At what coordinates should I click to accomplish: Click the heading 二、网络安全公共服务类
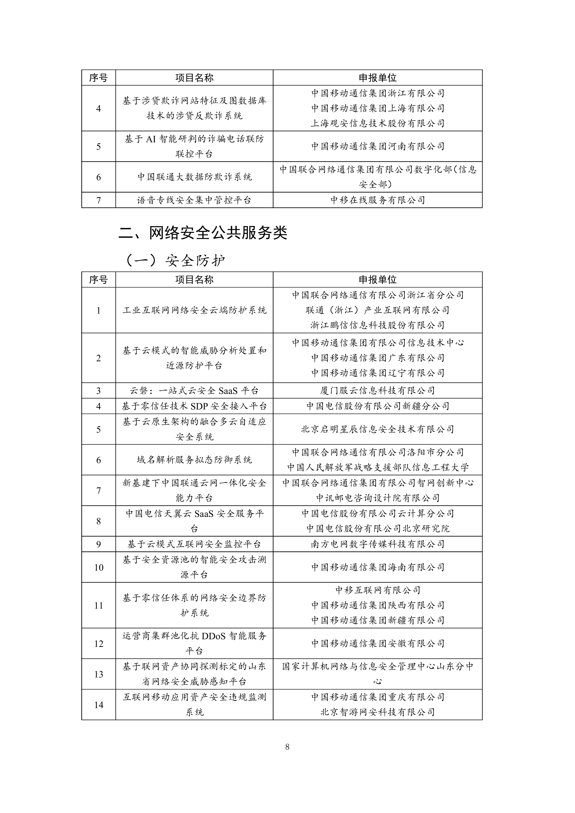point(203,233)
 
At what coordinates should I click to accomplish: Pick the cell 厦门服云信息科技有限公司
point(377,391)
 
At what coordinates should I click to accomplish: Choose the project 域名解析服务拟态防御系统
point(194,460)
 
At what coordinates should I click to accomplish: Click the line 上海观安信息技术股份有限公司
point(377,123)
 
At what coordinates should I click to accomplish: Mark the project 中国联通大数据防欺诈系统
point(194,177)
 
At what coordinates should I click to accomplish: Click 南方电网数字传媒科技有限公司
point(377,544)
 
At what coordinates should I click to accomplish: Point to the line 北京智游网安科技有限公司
point(377,712)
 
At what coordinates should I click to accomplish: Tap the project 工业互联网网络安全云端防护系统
point(194,310)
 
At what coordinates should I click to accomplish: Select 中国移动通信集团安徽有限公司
point(377,644)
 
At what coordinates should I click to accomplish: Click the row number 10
point(98,568)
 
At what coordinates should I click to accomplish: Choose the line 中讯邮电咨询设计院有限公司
point(377,498)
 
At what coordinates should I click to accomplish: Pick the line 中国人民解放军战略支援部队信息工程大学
point(377,467)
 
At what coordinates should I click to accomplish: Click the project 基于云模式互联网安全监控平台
point(194,544)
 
